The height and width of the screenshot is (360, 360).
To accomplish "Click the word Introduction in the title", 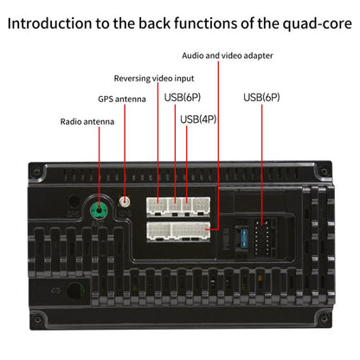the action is click(49, 23).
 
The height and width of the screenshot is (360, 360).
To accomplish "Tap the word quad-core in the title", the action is click(317, 24).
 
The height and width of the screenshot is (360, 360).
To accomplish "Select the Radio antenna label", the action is click(87, 121).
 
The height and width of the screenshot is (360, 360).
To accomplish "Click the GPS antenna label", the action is click(122, 99).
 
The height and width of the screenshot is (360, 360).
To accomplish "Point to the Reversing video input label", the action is click(154, 78).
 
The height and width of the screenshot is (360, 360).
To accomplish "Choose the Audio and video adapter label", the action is click(228, 55).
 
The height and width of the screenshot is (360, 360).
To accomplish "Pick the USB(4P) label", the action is click(198, 119).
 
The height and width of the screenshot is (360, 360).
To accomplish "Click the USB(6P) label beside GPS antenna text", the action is click(183, 97).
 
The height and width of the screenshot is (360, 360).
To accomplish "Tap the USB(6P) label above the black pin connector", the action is click(261, 97).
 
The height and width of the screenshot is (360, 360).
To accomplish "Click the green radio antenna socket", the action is click(100, 210).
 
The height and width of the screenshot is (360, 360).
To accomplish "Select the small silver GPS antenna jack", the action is click(125, 202).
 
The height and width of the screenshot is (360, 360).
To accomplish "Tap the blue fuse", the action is click(244, 238).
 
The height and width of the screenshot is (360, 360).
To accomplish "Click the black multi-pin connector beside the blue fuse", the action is click(262, 238).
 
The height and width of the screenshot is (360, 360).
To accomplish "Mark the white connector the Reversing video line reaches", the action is click(157, 206).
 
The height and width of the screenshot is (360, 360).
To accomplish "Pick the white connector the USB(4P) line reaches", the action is click(187, 206).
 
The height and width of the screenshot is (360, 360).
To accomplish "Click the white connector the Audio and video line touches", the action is click(191, 231).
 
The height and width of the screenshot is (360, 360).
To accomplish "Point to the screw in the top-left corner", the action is click(37, 172).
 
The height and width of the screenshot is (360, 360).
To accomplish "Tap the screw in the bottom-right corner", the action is click(324, 318).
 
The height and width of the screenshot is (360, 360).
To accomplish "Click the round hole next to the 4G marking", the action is click(75, 291).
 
